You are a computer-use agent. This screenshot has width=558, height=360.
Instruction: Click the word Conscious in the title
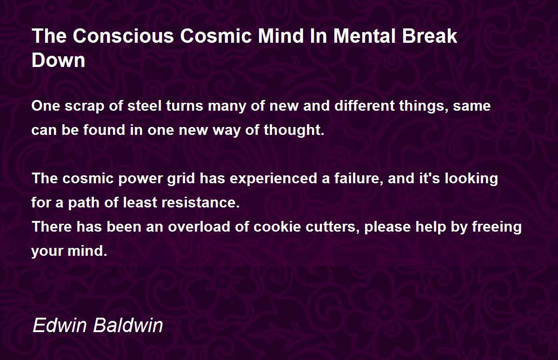pyautogui.click(x=123, y=36)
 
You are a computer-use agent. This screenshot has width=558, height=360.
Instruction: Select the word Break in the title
pyautogui.click(x=430, y=36)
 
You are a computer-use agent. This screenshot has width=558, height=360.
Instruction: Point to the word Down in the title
pyautogui.click(x=59, y=60)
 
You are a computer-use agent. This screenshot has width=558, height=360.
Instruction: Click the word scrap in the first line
pyautogui.click(x=85, y=106)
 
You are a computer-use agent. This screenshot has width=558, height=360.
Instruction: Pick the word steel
pyautogui.click(x=145, y=106)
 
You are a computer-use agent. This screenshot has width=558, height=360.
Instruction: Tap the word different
pyautogui.click(x=365, y=106)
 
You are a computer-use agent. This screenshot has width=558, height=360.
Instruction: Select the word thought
pyautogui.click(x=294, y=130)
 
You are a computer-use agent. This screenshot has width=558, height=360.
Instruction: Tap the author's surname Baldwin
pyautogui.click(x=128, y=325)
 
